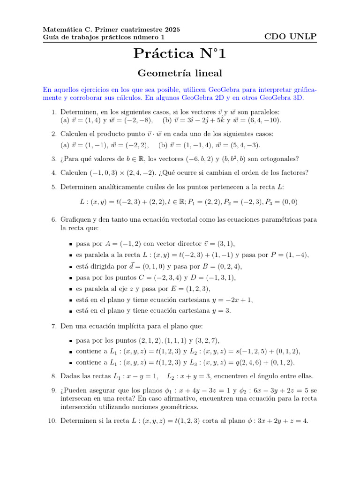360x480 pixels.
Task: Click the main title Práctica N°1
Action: click(x=180, y=54)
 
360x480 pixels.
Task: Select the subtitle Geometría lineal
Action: click(x=180, y=73)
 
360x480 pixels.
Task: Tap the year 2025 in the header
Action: click(x=171, y=29)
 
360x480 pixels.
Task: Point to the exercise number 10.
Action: click(x=52, y=421)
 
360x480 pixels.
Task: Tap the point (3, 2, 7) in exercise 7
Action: click(x=204, y=341)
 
